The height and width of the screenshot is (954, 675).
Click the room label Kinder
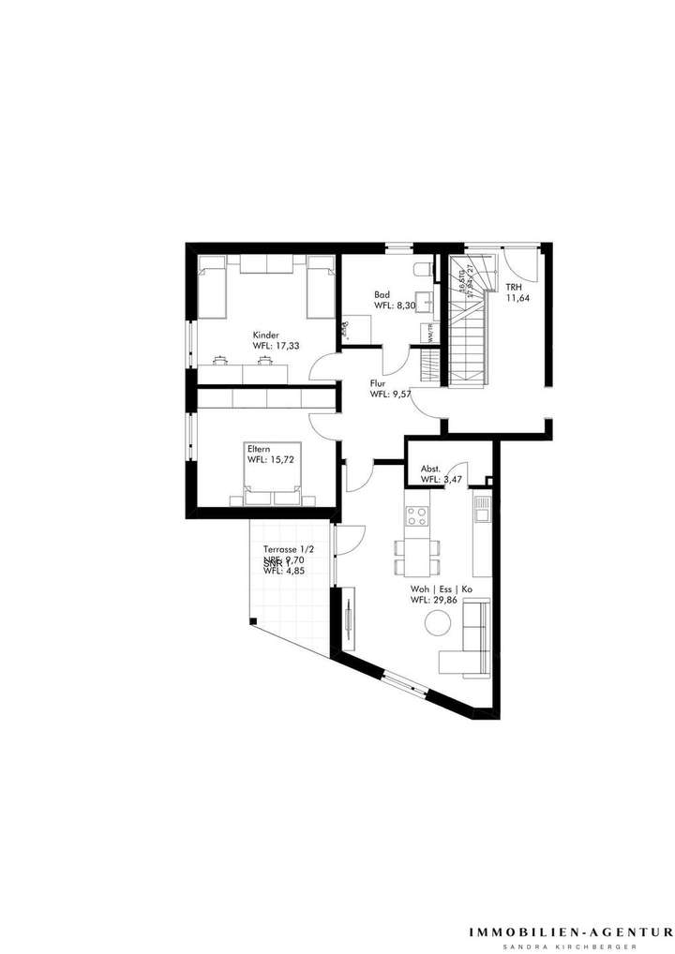(x=266, y=335)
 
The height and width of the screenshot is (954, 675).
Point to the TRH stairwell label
(x=515, y=287)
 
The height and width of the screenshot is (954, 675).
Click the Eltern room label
(x=259, y=449)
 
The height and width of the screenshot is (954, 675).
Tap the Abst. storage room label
(x=431, y=469)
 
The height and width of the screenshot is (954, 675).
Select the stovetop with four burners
(x=416, y=515)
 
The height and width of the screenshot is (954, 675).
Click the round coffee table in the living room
(x=437, y=622)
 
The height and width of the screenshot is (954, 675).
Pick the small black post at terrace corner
(x=251, y=620)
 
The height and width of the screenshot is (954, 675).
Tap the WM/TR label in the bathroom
(x=431, y=332)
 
